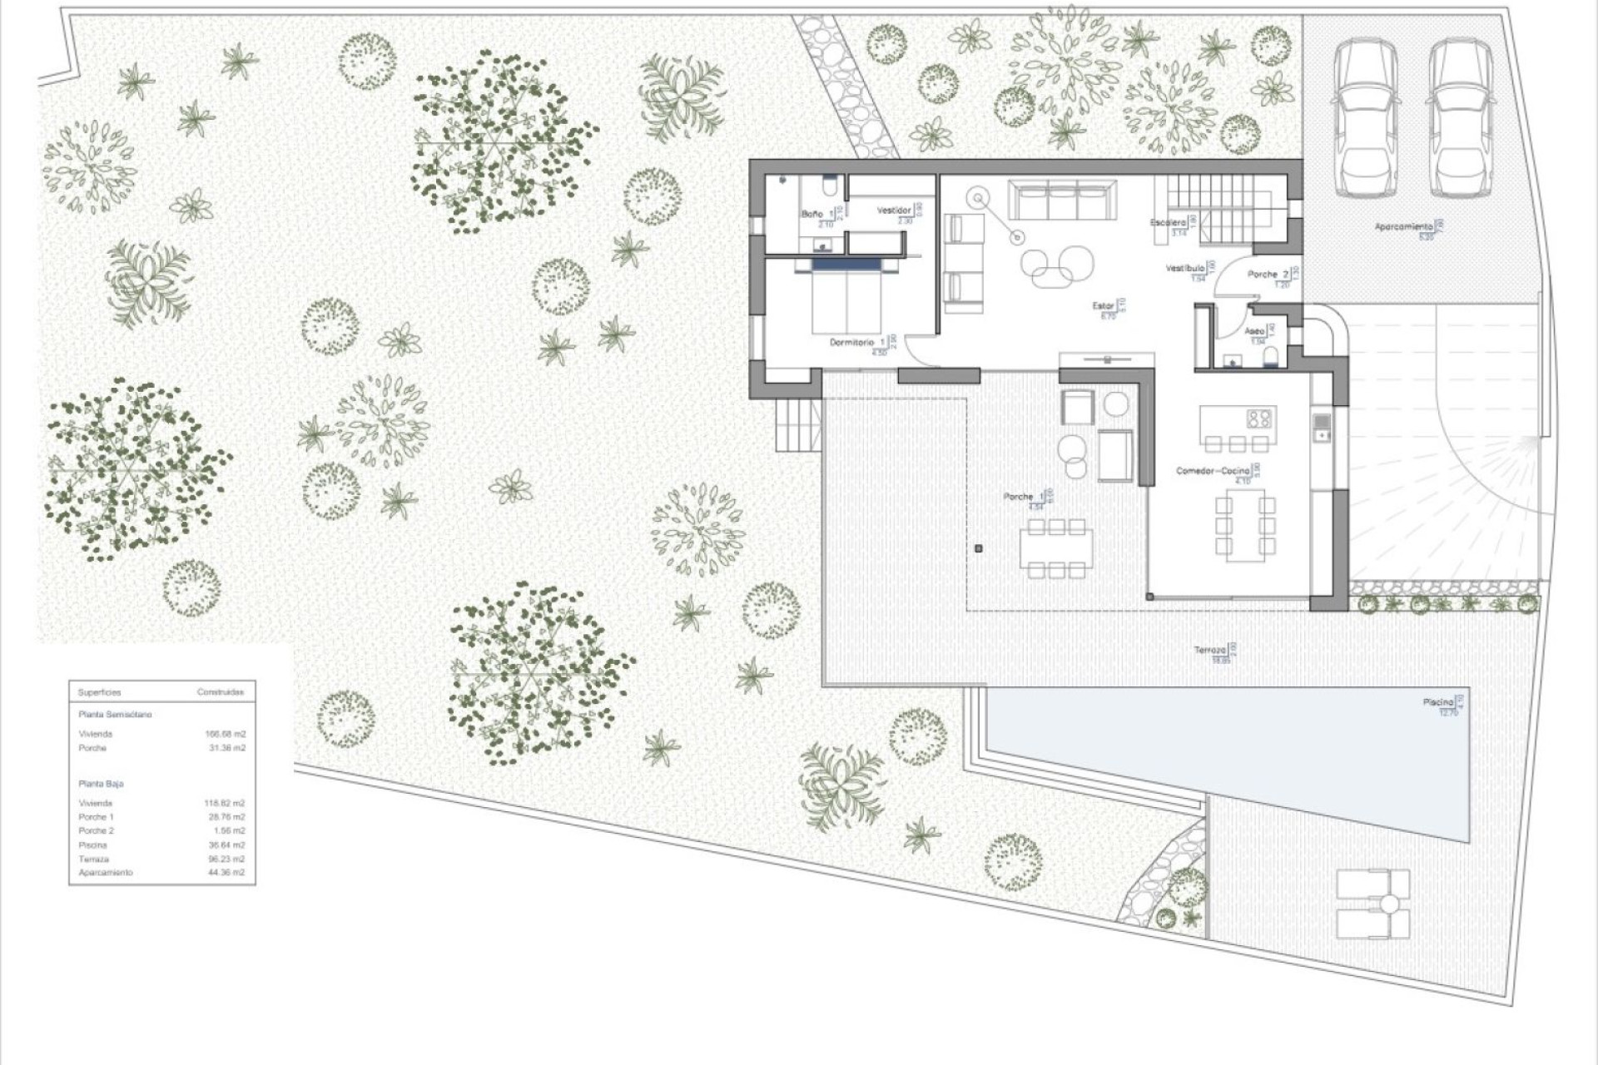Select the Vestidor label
click(893, 211)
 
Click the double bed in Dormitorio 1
click(846, 297)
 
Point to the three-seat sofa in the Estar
click(1060, 201)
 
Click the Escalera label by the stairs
click(1168, 223)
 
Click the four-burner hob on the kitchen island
click(1258, 417)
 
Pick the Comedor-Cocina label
click(1212, 471)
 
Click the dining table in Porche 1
click(1056, 548)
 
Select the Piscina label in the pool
click(1437, 703)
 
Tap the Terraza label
click(1209, 650)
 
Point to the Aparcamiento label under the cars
click(1403, 226)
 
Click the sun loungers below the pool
click(1372, 904)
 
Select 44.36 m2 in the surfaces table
click(226, 873)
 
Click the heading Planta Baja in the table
click(101, 784)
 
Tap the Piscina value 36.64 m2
click(226, 845)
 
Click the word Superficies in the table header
click(99, 692)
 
